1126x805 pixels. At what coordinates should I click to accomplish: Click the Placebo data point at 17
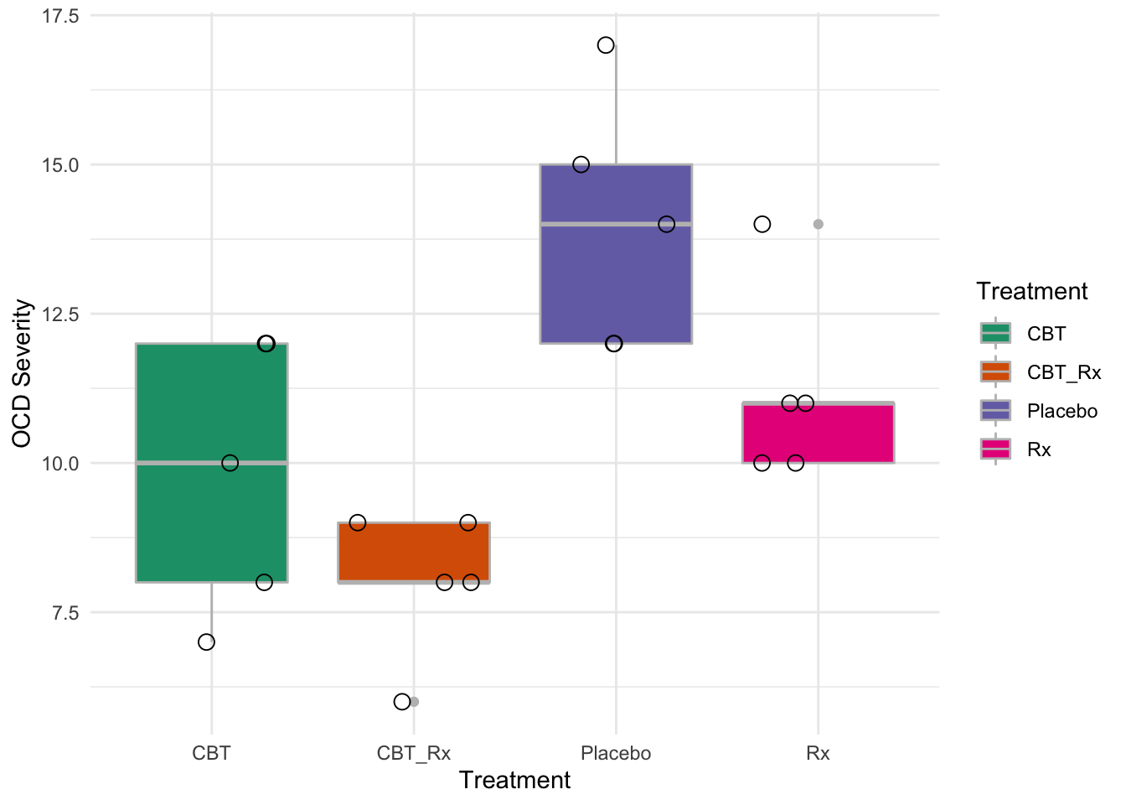pyautogui.click(x=606, y=45)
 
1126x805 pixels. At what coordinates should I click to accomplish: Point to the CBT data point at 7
pyautogui.click(x=206, y=642)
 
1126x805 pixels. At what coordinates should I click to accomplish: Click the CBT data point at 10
pyautogui.click(x=230, y=463)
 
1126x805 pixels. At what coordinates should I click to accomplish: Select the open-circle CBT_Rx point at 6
pyautogui.click(x=402, y=702)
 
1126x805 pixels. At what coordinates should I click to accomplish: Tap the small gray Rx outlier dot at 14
pyautogui.click(x=819, y=224)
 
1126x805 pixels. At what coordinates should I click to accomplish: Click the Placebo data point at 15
pyautogui.click(x=581, y=165)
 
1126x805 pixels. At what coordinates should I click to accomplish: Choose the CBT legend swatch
pyautogui.click(x=995, y=333)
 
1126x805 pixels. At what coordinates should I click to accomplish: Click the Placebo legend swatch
pyautogui.click(x=995, y=410)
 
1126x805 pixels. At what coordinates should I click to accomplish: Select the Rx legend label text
pyautogui.click(x=1039, y=449)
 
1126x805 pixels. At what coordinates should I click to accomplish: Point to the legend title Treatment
pyautogui.click(x=1031, y=292)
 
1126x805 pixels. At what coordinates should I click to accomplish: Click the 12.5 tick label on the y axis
pyautogui.click(x=60, y=314)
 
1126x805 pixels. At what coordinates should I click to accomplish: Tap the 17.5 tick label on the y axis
pyautogui.click(x=60, y=17)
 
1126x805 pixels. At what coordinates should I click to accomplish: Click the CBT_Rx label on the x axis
pyautogui.click(x=414, y=753)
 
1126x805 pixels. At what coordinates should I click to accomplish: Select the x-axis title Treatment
pyautogui.click(x=514, y=781)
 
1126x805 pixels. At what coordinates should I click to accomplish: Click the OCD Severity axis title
pyautogui.click(x=23, y=373)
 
